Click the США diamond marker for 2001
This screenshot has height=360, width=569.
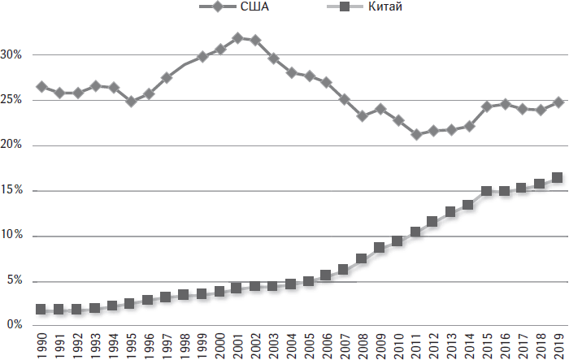[237, 38]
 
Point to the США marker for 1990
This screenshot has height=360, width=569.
[41, 87]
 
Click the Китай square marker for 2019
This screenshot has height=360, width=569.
[558, 178]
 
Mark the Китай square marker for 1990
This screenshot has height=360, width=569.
[41, 310]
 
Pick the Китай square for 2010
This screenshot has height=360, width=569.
[398, 241]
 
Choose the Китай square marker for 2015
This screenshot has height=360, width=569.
[487, 192]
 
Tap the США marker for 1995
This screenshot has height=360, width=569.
[131, 102]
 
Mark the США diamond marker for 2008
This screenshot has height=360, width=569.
[363, 116]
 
